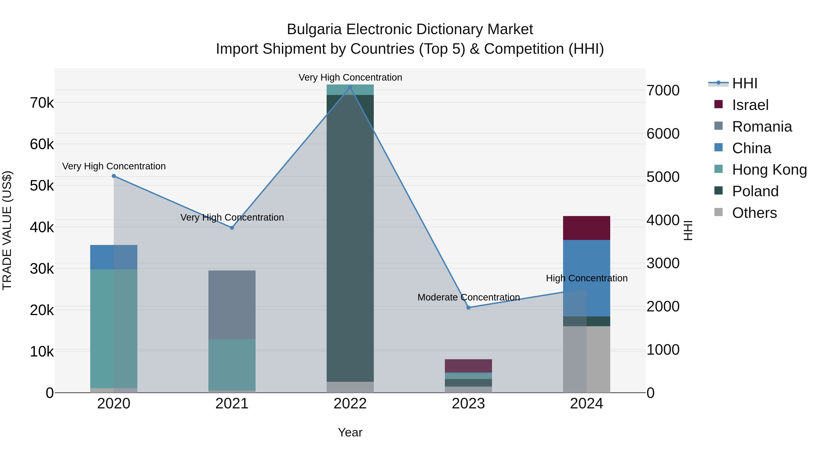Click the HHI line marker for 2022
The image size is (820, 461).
350,87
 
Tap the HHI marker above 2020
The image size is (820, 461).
114,176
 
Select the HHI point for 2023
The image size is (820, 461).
468,307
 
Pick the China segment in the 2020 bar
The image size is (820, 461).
114,257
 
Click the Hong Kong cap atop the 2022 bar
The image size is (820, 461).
350,90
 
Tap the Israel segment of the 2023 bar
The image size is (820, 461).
468,366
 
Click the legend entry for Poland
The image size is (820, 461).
755,191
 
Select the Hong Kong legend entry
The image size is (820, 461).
769,170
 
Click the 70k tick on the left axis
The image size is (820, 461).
42,103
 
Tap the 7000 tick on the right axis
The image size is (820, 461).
663,90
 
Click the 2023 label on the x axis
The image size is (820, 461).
468,404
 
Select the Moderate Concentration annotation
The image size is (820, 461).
468,297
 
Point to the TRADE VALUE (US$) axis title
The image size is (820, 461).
7,230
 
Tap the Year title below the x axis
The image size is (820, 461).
350,432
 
